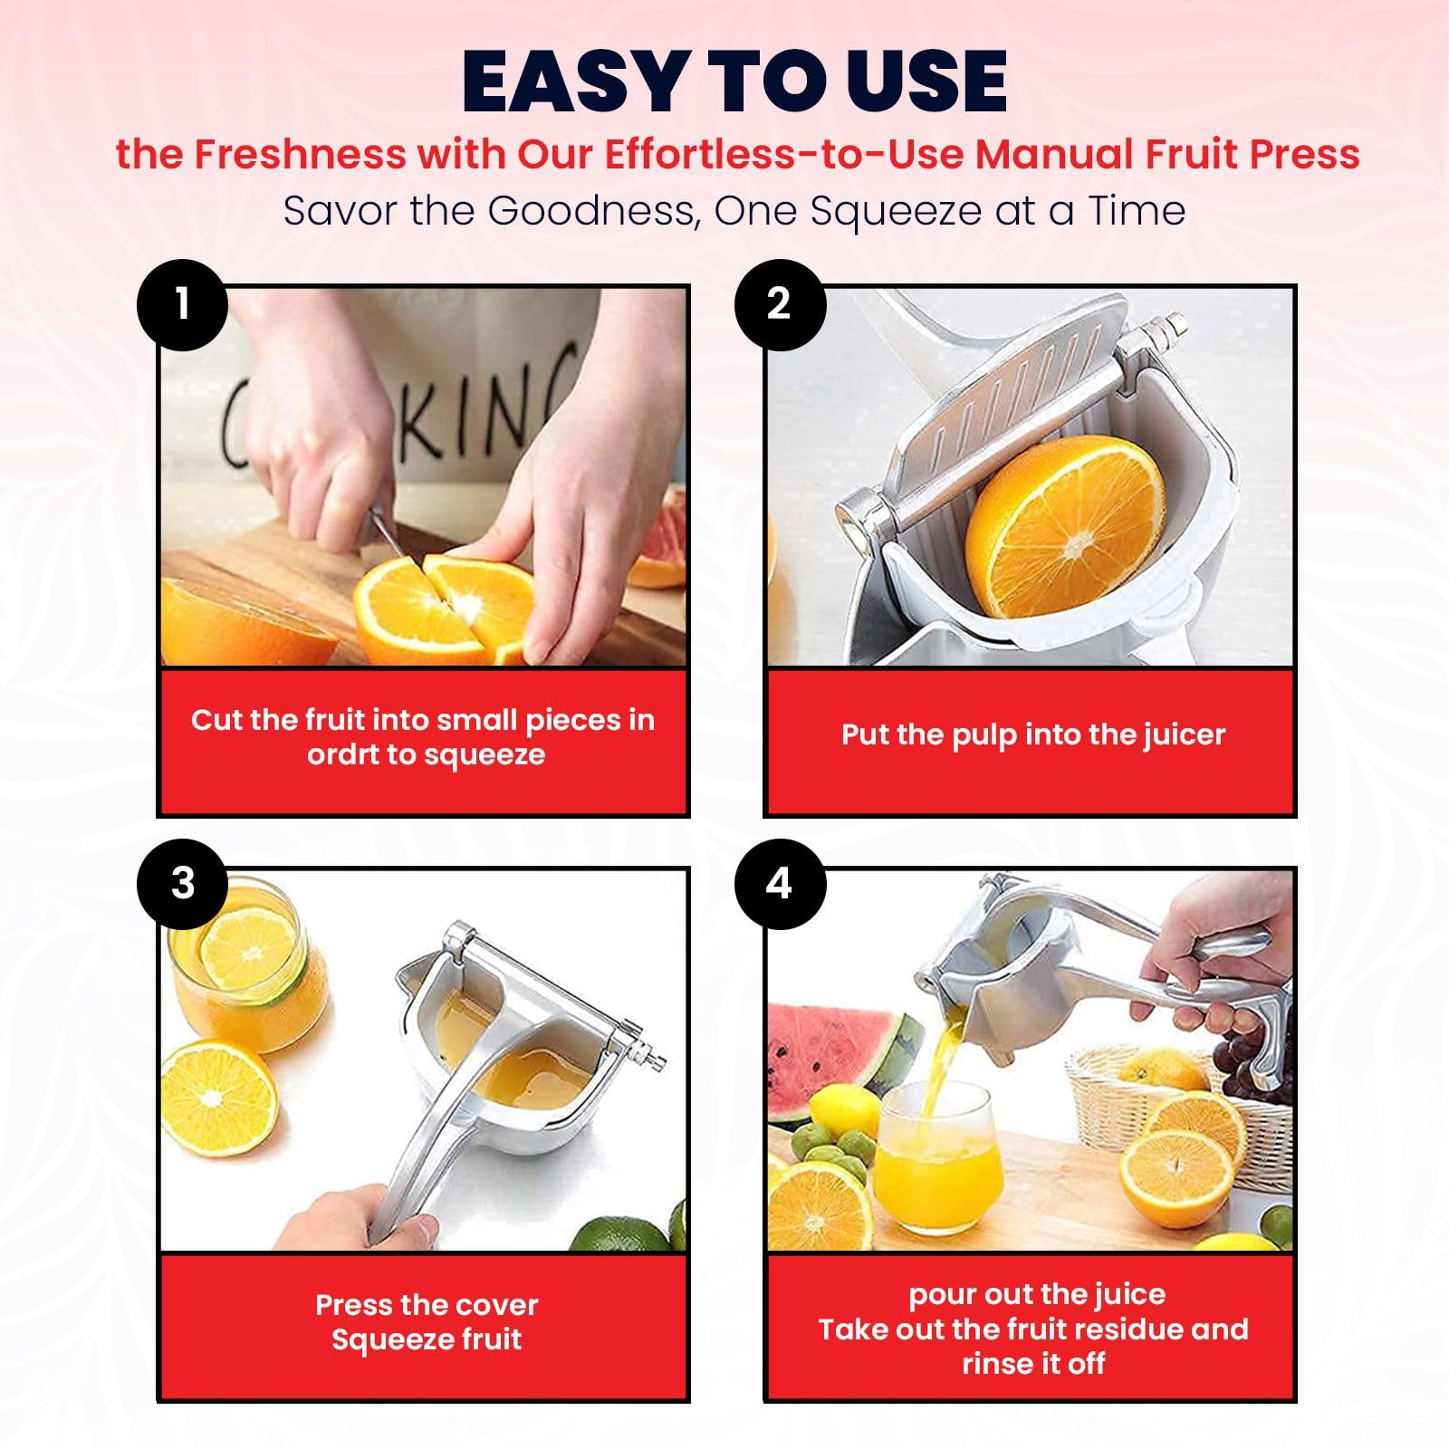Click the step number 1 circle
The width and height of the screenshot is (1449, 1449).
click(182, 304)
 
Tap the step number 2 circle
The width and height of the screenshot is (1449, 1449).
click(780, 304)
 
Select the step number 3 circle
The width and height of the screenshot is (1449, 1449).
click(182, 884)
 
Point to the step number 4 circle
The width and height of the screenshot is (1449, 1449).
click(780, 884)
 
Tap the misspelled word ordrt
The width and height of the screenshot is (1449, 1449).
click(342, 754)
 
